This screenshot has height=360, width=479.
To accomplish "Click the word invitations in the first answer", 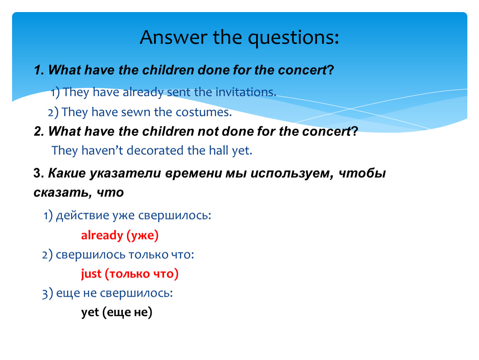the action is click(x=246, y=92).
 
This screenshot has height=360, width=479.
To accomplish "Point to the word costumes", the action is click(x=204, y=112).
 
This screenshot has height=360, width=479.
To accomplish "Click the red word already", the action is click(x=102, y=235).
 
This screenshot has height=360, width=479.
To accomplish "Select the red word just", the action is click(x=91, y=274).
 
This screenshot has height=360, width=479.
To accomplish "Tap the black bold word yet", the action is click(x=90, y=312).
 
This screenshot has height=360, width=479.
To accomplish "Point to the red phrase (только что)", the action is click(x=142, y=274).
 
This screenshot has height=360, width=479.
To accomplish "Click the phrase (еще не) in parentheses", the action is click(x=127, y=312).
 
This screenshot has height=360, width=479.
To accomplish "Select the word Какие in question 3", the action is click(x=67, y=173).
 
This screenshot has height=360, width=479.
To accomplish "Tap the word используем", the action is click(x=292, y=174).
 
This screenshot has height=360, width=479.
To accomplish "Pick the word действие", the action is click(x=82, y=215).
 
